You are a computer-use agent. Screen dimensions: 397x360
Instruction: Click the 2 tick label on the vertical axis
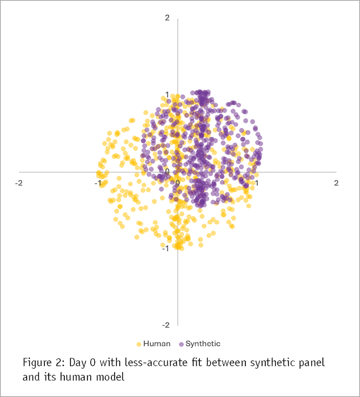[167, 18]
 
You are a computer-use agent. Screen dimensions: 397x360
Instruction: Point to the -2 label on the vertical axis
[166, 324]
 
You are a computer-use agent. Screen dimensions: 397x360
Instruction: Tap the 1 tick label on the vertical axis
[167, 95]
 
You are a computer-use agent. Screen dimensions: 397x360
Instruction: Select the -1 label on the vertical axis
[166, 248]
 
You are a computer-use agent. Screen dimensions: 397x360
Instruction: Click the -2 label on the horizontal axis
[19, 182]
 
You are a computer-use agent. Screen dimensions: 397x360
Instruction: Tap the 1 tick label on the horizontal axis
[256, 182]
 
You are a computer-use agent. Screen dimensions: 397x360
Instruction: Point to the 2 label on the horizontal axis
[336, 182]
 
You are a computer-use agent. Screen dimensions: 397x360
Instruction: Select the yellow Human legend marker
[138, 344]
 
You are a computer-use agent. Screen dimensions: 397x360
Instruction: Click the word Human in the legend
[157, 344]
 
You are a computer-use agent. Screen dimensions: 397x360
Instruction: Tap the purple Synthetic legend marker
[181, 344]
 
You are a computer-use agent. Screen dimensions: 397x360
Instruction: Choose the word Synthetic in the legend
[203, 344]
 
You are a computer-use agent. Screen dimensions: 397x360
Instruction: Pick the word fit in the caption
[197, 363]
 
